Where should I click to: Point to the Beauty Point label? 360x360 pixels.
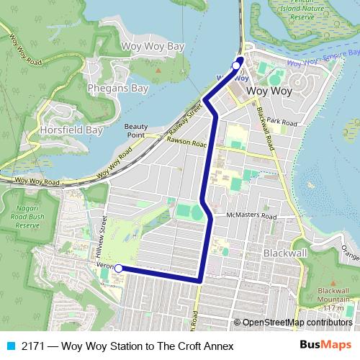pos(135,130)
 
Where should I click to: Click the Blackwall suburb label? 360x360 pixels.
pos(286,254)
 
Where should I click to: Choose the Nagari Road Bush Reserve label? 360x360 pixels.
pos(15,215)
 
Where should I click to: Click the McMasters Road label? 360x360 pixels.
pos(251,215)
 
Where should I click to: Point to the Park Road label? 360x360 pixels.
pos(282,122)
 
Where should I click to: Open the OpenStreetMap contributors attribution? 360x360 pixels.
pos(297,323)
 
